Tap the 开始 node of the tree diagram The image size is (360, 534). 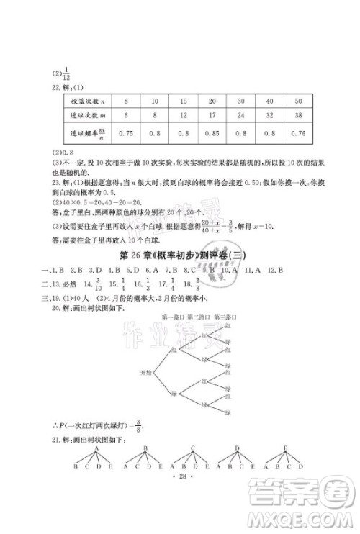(x=147, y=371)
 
